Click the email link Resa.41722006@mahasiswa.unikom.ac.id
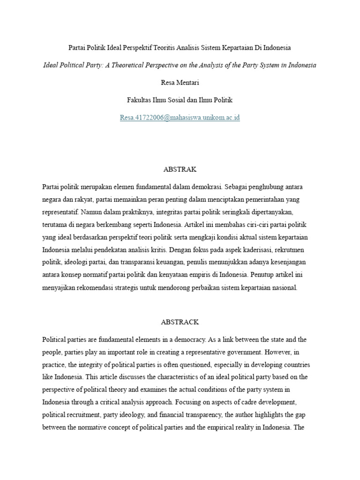click(x=180, y=118)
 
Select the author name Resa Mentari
click(x=180, y=82)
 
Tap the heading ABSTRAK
click(x=180, y=169)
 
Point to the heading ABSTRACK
click(x=180, y=322)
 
